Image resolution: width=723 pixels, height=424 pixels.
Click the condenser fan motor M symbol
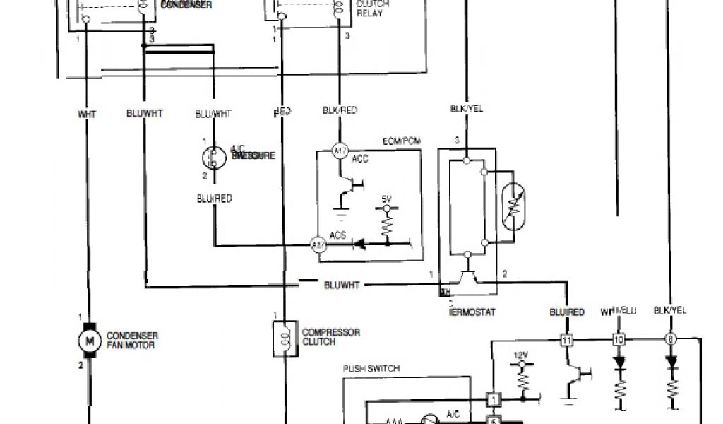point(90,341)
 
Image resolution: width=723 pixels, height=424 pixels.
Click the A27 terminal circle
point(318,245)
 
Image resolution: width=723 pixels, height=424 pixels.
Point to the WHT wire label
point(87,113)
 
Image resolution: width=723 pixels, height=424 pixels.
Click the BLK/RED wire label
point(340,110)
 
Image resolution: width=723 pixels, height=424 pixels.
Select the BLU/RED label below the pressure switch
point(214,199)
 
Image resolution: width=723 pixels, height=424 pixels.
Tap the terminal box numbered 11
point(566,340)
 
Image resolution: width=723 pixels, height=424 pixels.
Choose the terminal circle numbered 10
point(619,340)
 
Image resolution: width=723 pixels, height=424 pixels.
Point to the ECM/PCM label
point(401,141)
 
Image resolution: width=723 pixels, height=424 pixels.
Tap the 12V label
point(522,355)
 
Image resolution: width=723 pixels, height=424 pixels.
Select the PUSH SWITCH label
point(371,368)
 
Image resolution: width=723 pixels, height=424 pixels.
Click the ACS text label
point(337,236)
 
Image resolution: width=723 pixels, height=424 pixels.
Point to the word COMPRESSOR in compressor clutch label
point(331,332)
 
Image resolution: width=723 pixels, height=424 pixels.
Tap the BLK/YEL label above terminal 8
point(669,311)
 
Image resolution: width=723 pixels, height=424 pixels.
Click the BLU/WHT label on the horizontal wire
point(342,285)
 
